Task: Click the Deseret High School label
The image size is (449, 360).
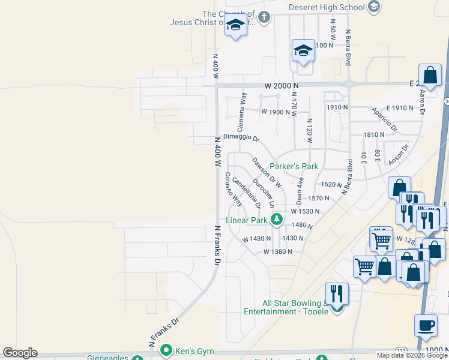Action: click(327, 7)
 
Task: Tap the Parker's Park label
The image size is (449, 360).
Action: click(293, 166)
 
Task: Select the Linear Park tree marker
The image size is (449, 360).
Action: click(276, 220)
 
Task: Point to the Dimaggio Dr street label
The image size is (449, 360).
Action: click(241, 137)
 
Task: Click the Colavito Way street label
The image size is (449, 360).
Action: click(234, 189)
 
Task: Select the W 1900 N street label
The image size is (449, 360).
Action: click(276, 112)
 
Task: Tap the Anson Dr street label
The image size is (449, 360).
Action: click(398, 155)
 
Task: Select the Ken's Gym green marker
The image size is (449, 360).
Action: click(166, 349)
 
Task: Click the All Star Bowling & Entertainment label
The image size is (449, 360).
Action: click(286, 307)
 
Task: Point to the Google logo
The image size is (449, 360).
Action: click(20, 353)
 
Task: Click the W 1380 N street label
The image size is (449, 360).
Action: click(277, 252)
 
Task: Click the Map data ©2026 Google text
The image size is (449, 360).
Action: click(412, 355)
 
